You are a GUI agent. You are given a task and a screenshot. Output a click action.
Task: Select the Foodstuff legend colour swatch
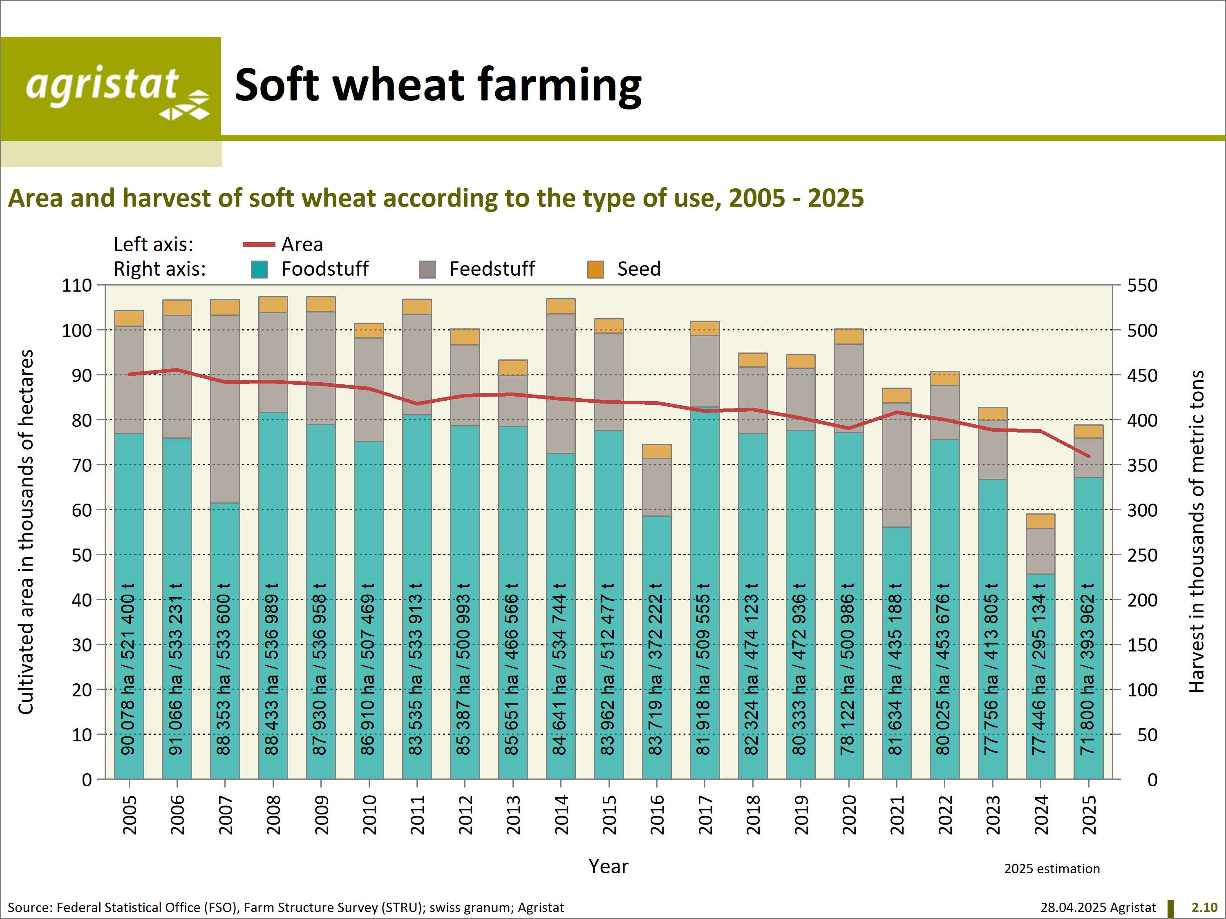coord(260,270)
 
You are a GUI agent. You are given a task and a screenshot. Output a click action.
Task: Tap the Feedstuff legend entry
coord(491,269)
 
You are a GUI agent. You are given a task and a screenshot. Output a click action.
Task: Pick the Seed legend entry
coord(638,269)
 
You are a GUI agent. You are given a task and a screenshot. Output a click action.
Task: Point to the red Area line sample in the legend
coord(259,244)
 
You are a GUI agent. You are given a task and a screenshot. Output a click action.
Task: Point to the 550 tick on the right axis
coord(1142,286)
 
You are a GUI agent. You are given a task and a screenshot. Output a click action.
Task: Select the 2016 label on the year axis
coord(657,815)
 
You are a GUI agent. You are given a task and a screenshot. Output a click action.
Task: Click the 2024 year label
coord(1041,815)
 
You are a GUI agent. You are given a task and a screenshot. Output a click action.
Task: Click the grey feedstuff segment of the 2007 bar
coord(225,409)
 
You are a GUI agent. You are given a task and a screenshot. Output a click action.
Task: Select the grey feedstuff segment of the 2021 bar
coord(896,465)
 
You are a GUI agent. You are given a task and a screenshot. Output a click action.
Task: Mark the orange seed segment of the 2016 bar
coord(657,451)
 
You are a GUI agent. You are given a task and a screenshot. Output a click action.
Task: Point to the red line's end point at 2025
coord(1089,457)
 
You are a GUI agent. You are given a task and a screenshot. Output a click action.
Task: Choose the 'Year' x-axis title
coord(608,866)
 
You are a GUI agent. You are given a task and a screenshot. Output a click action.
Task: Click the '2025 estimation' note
coord(1051,869)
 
